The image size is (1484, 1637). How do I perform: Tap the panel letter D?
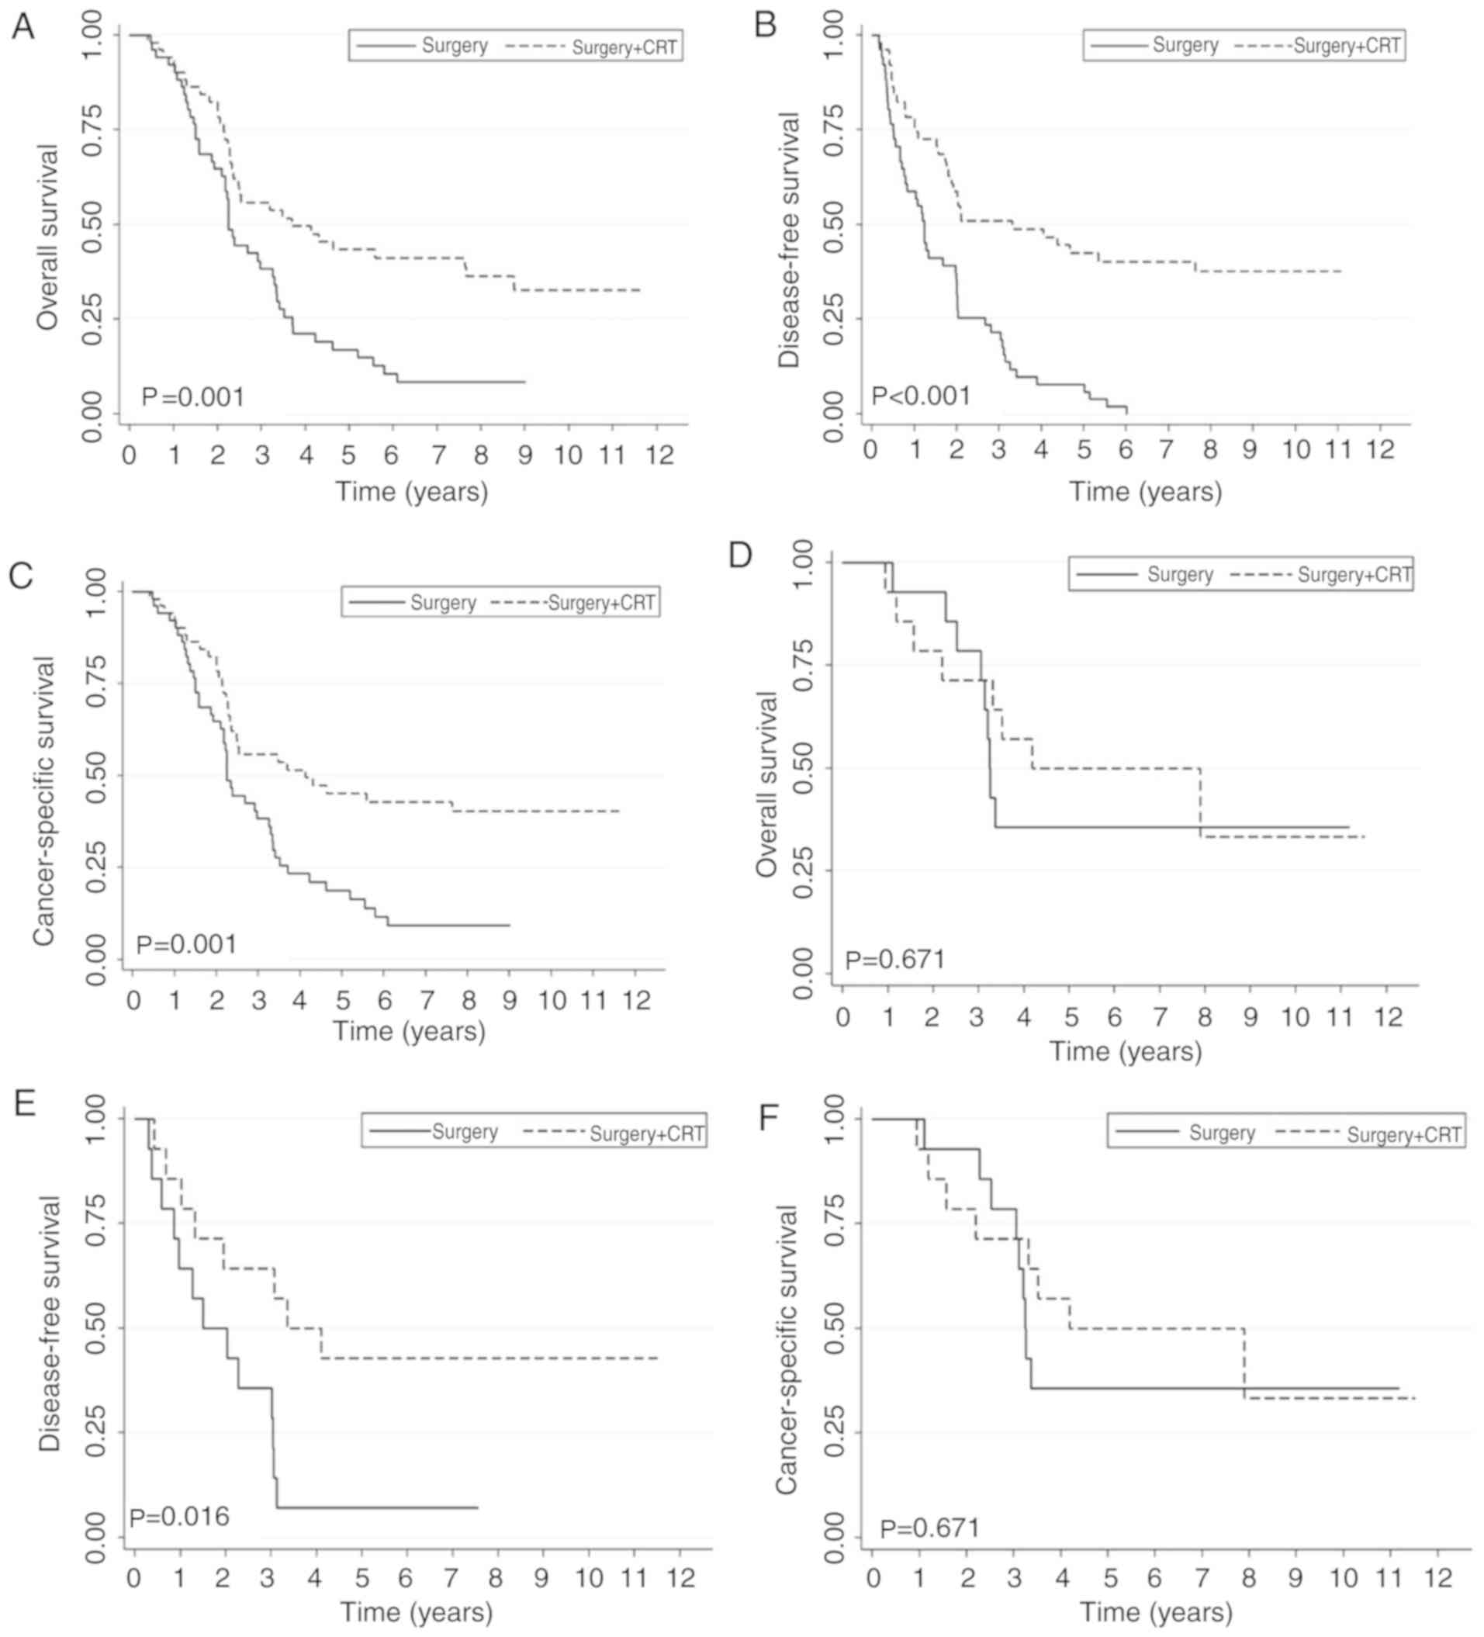[x=740, y=555]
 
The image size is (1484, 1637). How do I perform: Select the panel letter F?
[x=768, y=1117]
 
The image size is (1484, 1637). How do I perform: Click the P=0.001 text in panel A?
[x=192, y=397]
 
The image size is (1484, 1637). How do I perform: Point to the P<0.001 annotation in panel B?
[x=921, y=396]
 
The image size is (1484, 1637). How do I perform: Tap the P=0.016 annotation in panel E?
[x=178, y=1516]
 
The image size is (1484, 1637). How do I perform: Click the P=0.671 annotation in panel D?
[x=895, y=960]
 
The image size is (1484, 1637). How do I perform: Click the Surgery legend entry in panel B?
[x=1185, y=46]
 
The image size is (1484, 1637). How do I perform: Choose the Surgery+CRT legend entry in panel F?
[x=1403, y=1134]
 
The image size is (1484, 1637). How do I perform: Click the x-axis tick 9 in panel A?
[x=525, y=455]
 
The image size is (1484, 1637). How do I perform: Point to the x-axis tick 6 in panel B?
[x=1124, y=449]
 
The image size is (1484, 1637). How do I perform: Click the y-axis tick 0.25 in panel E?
[x=95, y=1431]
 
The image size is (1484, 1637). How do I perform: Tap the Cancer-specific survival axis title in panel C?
[x=44, y=801]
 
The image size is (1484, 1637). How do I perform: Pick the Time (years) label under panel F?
[x=1156, y=1612]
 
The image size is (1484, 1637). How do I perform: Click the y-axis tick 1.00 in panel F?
[x=835, y=1119]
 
